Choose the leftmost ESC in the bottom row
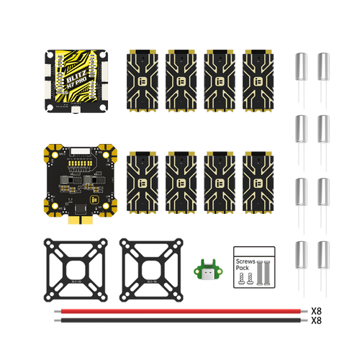[142, 184]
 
